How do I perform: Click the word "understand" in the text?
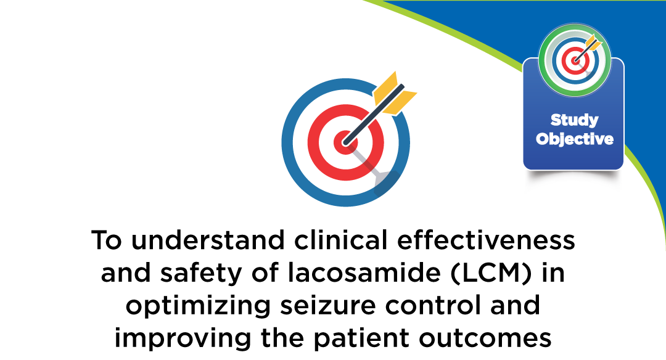(208, 240)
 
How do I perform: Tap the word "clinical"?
(340, 240)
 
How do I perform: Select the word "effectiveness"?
(486, 240)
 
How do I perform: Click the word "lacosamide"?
(364, 273)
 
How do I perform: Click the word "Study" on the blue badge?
(574, 121)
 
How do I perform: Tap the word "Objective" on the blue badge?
(574, 139)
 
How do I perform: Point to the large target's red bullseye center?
(345, 142)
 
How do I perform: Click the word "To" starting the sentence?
(106, 240)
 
